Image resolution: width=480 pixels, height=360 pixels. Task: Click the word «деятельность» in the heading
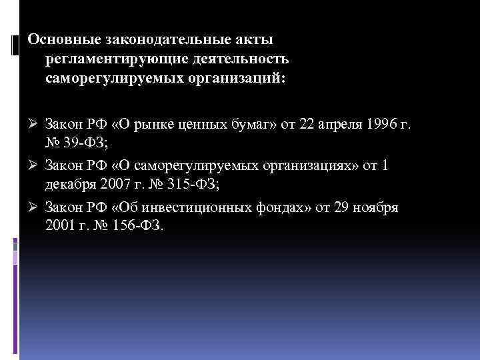pyautogui.click(x=243, y=61)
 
